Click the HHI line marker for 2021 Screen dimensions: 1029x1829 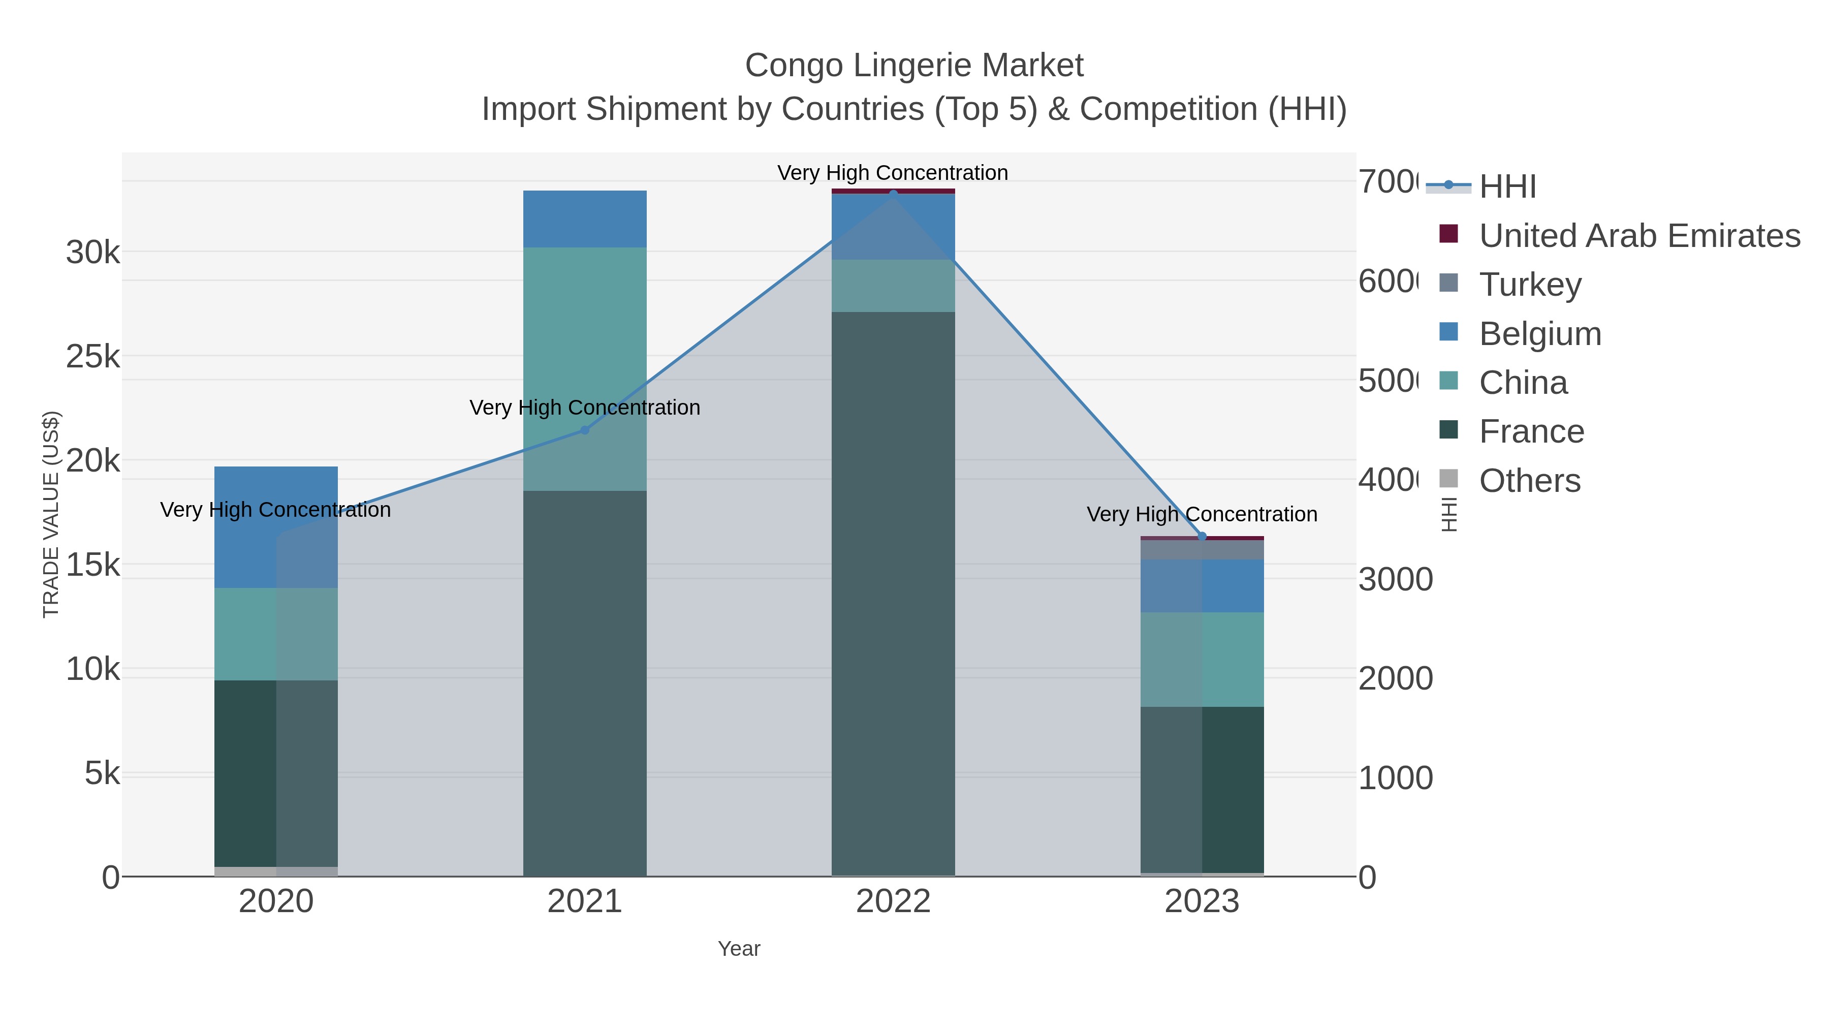tap(584, 429)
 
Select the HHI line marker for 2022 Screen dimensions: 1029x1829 tap(893, 193)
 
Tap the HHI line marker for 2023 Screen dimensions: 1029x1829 tap(1202, 536)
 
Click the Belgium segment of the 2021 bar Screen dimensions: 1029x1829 tap(584, 219)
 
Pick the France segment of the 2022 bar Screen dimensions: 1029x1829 tap(893, 593)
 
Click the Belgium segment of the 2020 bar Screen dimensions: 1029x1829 tap(275, 527)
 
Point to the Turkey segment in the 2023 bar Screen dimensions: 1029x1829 tap(1202, 550)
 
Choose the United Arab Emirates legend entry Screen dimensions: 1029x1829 tap(1638, 235)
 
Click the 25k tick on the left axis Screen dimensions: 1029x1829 tap(93, 357)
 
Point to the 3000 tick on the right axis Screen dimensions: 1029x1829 tap(1395, 579)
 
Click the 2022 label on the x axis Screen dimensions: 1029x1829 tap(893, 901)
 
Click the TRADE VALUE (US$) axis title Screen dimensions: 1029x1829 tap(51, 514)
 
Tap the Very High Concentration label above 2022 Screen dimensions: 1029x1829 tap(893, 173)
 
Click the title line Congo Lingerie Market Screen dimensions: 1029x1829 tap(914, 66)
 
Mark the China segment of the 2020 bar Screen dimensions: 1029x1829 tap(275, 634)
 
